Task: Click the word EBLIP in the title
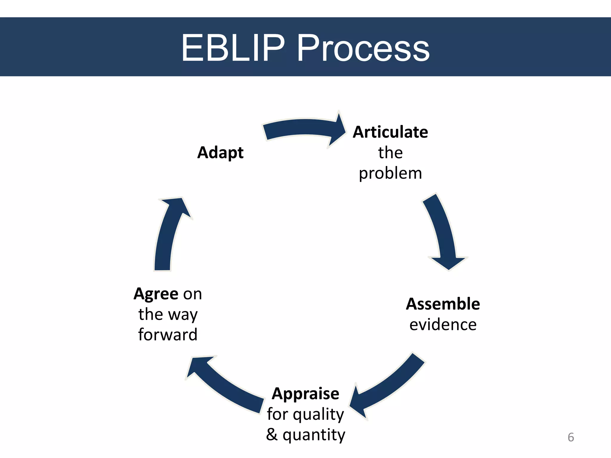click(233, 48)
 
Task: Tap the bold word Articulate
click(390, 132)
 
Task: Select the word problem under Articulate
click(390, 174)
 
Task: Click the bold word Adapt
click(220, 153)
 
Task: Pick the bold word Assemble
click(443, 304)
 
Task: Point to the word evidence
click(443, 325)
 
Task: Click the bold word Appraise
click(305, 394)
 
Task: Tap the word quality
click(318, 415)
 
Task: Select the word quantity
click(314, 435)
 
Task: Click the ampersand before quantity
click(271, 434)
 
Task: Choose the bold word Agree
click(156, 294)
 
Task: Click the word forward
click(168, 335)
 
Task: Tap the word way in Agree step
click(183, 315)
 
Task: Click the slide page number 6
click(570, 437)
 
